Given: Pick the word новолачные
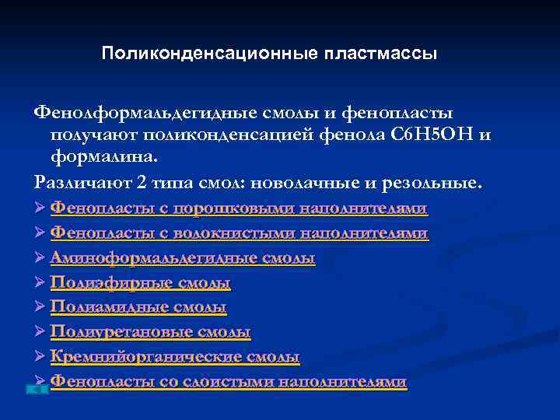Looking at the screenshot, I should tap(328, 184).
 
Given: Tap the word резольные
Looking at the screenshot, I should tap(440, 184).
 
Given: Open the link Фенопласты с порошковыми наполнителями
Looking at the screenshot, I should tap(240, 209).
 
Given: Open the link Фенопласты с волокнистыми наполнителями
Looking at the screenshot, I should tap(240, 233).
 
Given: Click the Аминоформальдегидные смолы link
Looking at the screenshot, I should tap(183, 258).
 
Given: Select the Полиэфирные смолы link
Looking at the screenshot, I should tap(141, 283).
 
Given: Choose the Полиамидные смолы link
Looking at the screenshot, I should tap(138, 308).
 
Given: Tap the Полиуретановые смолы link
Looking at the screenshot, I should tap(151, 333).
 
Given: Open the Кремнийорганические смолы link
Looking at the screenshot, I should tap(175, 358).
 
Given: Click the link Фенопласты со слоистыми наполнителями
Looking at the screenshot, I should tap(229, 382).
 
